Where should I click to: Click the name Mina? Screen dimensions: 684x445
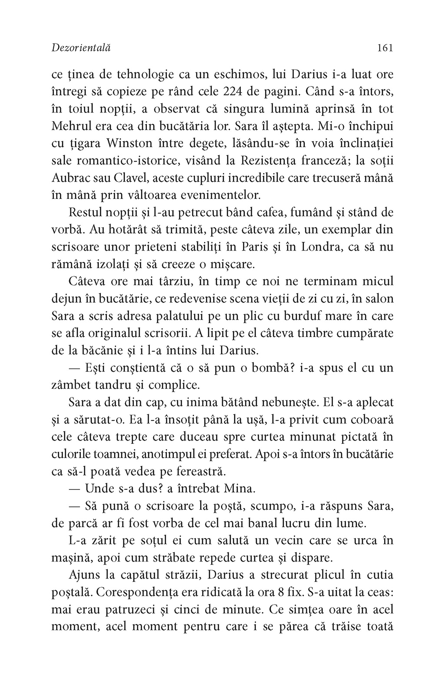tap(239, 489)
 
